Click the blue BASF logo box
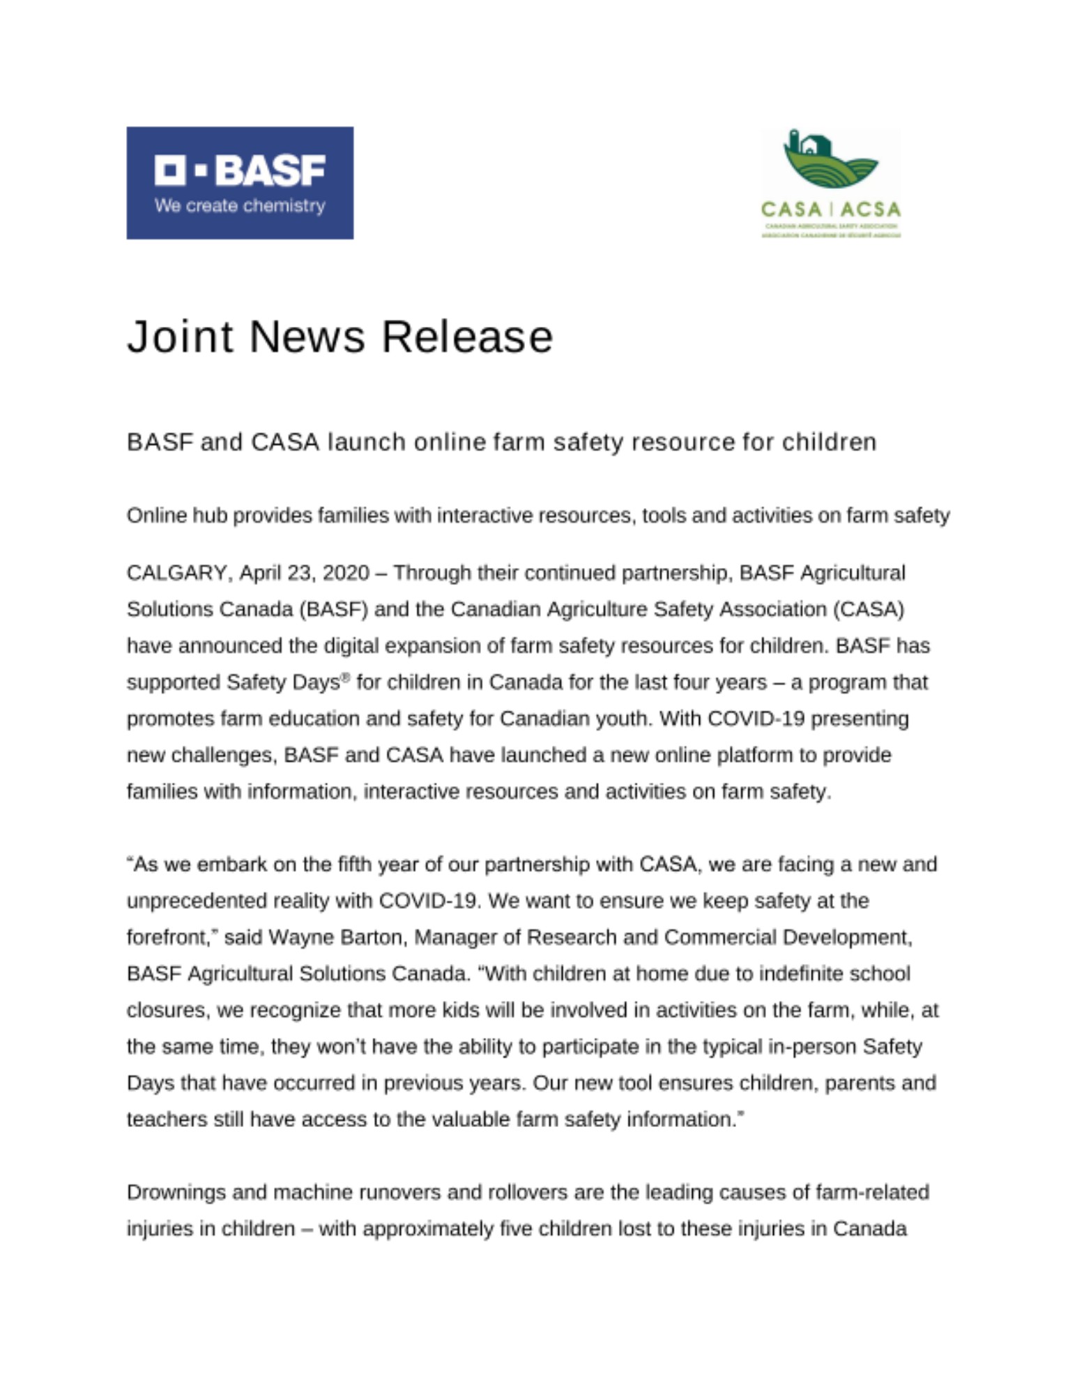coord(240,183)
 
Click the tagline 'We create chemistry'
coord(240,206)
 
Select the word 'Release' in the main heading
coord(467,337)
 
